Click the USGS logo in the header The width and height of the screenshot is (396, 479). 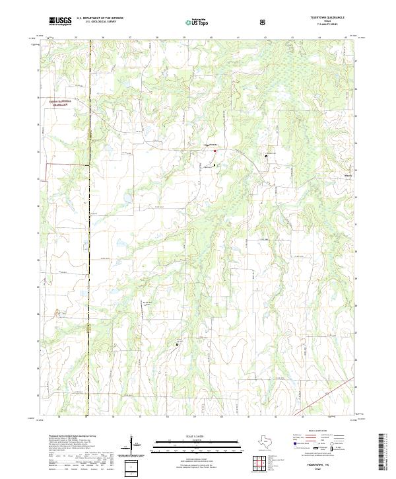tap(61, 21)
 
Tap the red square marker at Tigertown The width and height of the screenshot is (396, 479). tap(214, 151)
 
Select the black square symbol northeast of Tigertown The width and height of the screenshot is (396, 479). tap(267, 157)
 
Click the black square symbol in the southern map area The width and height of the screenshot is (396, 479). tap(177, 344)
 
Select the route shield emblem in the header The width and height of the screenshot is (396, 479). tap(264, 22)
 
